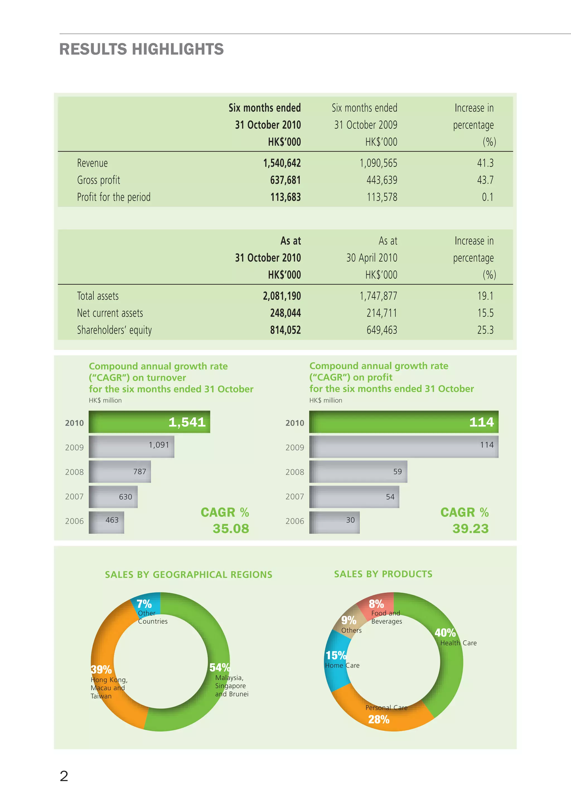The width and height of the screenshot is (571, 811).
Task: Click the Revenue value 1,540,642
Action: pos(282,163)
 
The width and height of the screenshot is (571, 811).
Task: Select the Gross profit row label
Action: pos(98,180)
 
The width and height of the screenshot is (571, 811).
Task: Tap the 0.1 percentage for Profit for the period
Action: pos(487,197)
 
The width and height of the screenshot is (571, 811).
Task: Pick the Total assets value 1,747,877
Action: pos(378,296)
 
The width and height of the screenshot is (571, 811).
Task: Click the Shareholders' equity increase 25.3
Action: pos(485,330)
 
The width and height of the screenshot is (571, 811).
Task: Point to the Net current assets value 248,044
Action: pos(285,313)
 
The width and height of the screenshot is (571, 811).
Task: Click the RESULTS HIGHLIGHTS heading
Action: pos(141,49)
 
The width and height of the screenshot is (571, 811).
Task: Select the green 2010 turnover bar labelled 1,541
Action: pos(149,422)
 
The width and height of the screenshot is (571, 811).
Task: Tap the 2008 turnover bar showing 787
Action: pos(120,472)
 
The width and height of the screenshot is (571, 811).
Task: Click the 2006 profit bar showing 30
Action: pos(334,522)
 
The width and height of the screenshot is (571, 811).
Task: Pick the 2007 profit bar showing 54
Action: pos(354,497)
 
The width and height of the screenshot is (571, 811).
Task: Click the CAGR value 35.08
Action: pos(231,529)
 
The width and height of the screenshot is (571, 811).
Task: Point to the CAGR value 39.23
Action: pos(470,529)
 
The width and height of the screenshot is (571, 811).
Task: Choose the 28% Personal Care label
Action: pos(379,719)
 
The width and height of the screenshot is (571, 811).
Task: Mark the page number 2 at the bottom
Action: pos(64,776)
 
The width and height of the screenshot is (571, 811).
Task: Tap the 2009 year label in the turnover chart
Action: pos(74,448)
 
